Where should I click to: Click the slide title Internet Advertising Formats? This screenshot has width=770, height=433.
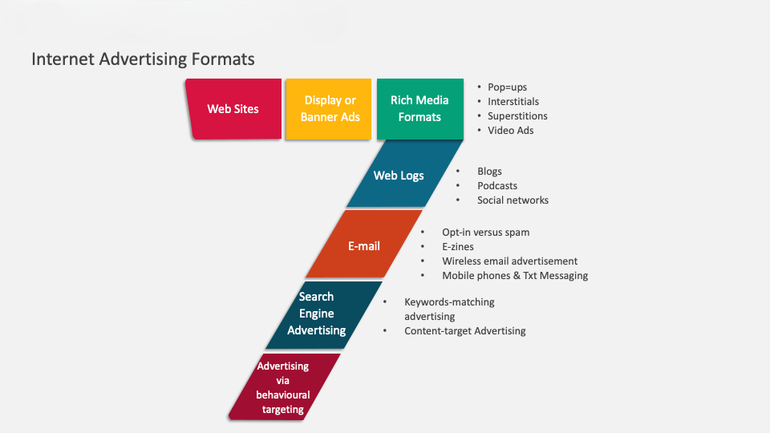coord(143,59)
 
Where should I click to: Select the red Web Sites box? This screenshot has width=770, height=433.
coord(233,109)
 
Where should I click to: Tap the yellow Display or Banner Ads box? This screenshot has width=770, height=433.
coord(330,109)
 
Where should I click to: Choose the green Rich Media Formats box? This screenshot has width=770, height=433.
coord(419,109)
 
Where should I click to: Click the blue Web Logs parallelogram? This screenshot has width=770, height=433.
coord(399,176)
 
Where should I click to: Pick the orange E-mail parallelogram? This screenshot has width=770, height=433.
coord(364,246)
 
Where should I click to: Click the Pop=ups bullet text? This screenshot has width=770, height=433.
coord(508,87)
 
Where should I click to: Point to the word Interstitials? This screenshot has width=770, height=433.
coord(513,102)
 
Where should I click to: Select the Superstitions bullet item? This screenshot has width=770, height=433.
coord(517,116)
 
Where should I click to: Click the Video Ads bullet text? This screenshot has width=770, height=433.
coord(510,131)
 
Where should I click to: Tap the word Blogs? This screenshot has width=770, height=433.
coord(489,172)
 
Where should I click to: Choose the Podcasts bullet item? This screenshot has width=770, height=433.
coord(497,186)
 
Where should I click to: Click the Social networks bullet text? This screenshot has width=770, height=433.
coord(513,200)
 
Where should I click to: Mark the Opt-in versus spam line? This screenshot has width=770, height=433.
coord(485,233)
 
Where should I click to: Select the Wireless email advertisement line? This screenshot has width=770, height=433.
coord(509,261)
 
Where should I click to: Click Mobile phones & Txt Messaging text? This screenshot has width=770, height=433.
coord(515,276)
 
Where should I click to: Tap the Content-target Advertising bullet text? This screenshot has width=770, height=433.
coord(464,331)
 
